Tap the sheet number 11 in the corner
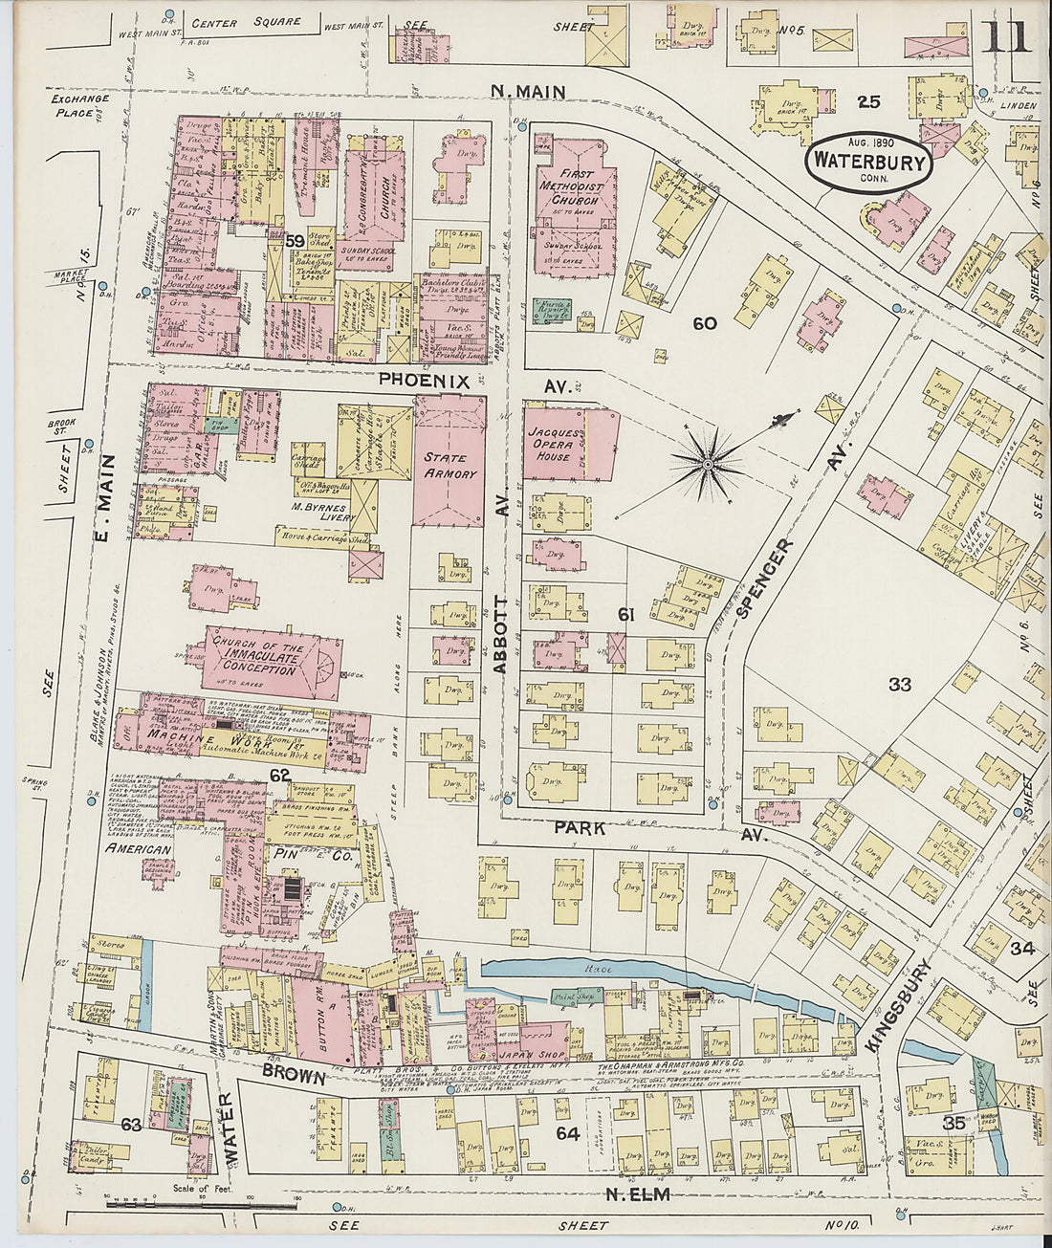point(1006,36)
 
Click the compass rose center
point(708,465)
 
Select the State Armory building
point(449,465)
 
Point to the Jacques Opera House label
point(555,445)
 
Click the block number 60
point(705,324)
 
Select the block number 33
point(900,684)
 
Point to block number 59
point(294,241)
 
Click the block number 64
point(568,1133)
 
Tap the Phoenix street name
point(424,381)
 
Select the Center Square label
point(246,22)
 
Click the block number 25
point(867,101)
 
